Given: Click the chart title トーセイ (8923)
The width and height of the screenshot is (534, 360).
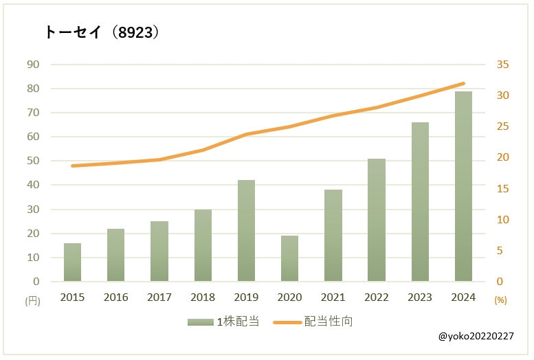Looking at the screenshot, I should [102, 32].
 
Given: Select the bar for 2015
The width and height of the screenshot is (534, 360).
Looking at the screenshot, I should [72, 262].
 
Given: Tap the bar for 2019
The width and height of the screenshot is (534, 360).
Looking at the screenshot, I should [246, 231].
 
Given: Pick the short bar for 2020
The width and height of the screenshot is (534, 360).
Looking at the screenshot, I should [289, 258].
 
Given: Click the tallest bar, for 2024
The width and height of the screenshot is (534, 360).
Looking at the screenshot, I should [463, 186].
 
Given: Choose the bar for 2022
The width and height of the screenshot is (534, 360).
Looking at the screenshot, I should [376, 220].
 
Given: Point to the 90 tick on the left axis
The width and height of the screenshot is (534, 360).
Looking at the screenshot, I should [33, 65].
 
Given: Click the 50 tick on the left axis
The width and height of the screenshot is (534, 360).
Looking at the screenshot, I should [33, 161].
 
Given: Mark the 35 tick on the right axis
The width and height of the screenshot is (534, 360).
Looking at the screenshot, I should [502, 65].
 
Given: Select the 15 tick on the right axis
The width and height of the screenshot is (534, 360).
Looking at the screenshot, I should [502, 189].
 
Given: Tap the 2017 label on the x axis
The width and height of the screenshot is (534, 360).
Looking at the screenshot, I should [159, 297].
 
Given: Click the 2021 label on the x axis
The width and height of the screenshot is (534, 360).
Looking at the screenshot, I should [333, 297].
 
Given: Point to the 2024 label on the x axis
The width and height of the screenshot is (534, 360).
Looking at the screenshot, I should [463, 297].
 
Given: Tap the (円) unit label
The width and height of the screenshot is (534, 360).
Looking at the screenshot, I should [33, 300].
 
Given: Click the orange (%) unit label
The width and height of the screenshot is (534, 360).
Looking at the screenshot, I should [500, 300].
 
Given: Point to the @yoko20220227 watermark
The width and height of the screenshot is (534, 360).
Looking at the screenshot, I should [475, 337].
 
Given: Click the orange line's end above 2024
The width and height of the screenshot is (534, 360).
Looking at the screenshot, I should [463, 83].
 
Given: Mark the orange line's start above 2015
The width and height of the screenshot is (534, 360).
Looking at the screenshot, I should [72, 166].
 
